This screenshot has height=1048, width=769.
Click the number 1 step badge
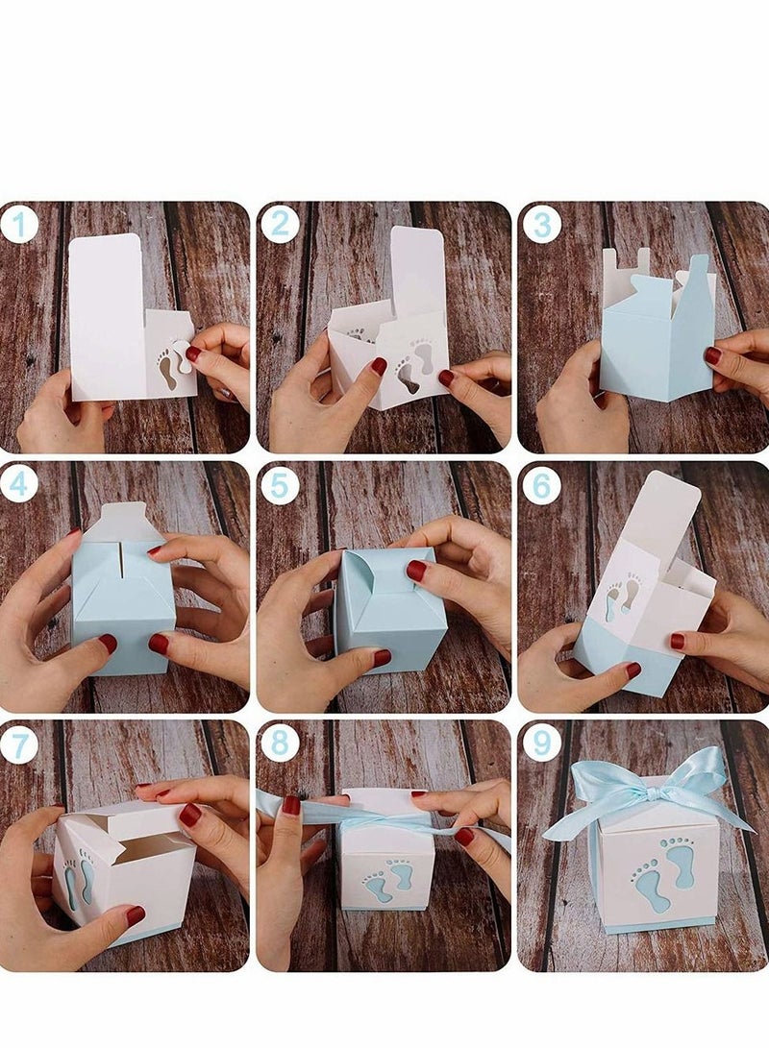tap(19, 226)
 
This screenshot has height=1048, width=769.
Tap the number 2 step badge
tap(280, 225)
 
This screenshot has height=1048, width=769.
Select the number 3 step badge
tap(541, 226)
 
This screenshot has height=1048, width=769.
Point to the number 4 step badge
tap(19, 485)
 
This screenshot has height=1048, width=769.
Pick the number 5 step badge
tap(280, 486)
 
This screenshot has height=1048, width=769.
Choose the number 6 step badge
tap(541, 486)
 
